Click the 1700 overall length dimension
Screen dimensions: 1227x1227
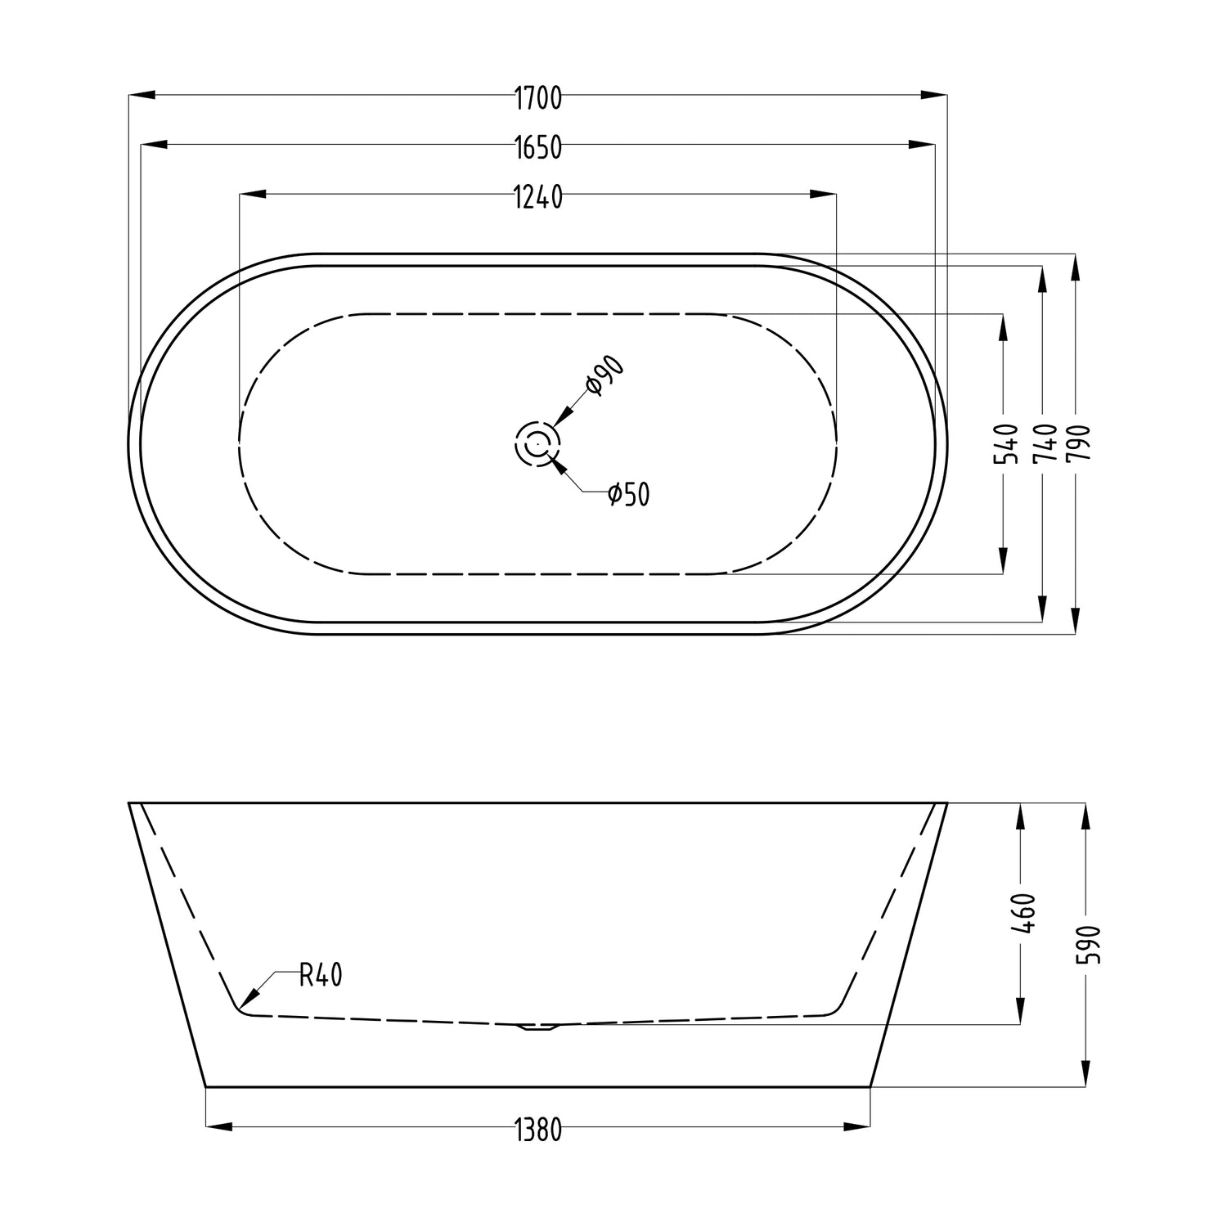coord(538,97)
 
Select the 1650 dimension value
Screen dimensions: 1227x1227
coord(538,147)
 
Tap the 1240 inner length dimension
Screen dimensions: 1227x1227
coord(538,197)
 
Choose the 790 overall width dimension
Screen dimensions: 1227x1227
coord(1078,444)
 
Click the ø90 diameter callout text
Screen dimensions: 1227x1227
coord(605,376)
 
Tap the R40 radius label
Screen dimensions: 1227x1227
coord(321,974)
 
